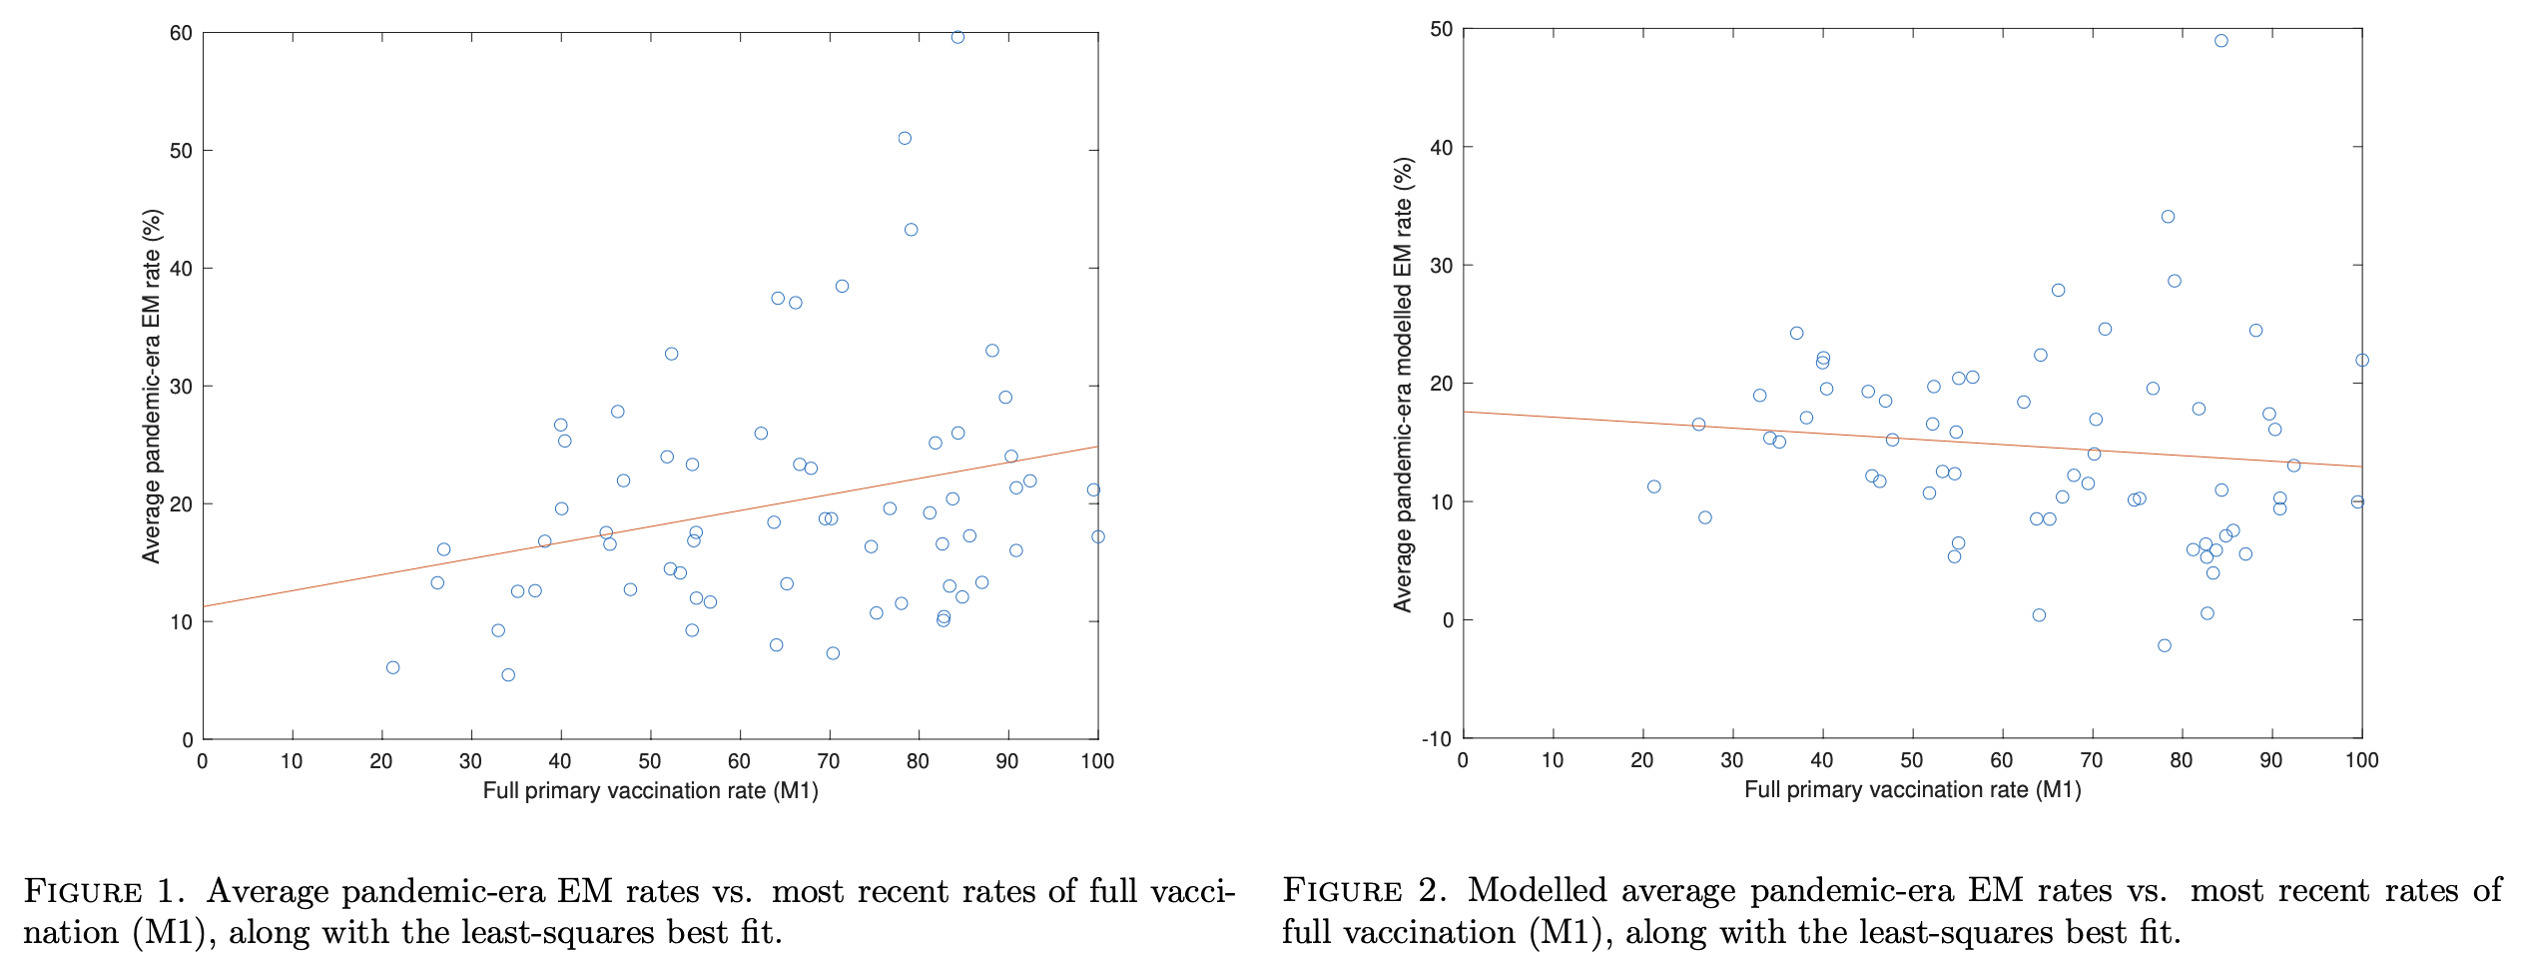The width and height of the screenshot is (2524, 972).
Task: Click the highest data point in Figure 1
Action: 957,37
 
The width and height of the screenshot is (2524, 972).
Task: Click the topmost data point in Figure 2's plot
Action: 2220,41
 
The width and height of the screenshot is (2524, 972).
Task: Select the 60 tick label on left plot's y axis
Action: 181,33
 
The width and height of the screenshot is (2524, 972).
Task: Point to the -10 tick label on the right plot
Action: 1437,738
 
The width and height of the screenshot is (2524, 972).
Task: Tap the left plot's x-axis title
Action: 650,791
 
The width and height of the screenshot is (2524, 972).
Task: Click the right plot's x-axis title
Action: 1912,790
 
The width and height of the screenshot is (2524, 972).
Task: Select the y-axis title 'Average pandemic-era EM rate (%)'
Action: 152,386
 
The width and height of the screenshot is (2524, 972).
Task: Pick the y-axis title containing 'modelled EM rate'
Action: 1403,385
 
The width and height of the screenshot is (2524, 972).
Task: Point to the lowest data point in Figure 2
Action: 2164,645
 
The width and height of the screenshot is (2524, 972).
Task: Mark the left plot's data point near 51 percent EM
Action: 905,138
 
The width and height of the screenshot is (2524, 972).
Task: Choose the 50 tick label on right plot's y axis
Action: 1441,29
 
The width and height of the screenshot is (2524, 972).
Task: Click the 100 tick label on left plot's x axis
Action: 1097,761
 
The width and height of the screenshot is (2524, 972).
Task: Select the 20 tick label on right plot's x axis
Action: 1642,760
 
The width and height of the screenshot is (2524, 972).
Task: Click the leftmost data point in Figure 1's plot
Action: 392,667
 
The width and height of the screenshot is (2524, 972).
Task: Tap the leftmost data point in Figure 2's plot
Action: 1653,486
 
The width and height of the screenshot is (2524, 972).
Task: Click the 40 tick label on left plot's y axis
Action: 181,269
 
